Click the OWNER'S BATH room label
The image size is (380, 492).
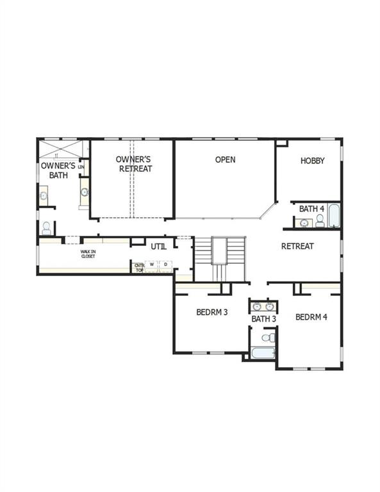click(58, 170)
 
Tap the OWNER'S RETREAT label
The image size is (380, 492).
click(135, 163)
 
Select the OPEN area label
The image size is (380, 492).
click(225, 160)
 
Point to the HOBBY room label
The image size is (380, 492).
click(313, 161)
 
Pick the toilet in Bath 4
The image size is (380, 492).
click(319, 222)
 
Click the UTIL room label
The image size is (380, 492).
click(159, 246)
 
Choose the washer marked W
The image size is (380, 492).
click(153, 264)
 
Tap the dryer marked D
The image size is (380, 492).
click(165, 264)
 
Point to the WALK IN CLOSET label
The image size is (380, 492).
click(88, 254)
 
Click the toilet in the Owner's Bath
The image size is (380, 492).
click(46, 227)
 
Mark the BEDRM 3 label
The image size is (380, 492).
click(212, 313)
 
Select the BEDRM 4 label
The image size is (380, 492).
click(311, 316)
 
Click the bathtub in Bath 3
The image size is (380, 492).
click(263, 353)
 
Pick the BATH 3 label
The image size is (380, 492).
click(264, 318)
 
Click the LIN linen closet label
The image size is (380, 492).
click(81, 167)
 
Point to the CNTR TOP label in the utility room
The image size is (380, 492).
click(139, 268)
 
